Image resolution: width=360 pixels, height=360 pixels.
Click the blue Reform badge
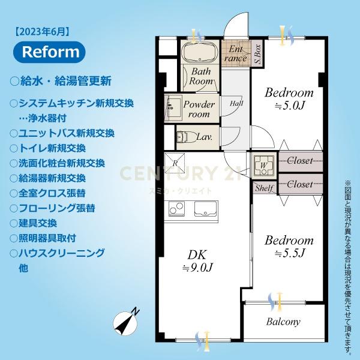tap(49, 52)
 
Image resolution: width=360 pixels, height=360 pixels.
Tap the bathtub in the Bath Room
tap(200, 52)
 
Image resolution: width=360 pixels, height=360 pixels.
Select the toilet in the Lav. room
tap(184, 137)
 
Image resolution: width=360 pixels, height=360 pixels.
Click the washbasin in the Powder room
tap(173, 107)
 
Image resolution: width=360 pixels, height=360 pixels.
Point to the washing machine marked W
tap(264, 165)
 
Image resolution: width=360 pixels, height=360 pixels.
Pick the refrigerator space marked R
tap(175, 163)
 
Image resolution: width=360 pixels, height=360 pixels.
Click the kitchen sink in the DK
tap(205, 209)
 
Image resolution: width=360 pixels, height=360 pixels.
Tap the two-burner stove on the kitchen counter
tap(176, 209)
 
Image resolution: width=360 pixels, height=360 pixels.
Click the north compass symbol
tap(125, 322)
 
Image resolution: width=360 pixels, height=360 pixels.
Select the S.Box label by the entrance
tap(257, 55)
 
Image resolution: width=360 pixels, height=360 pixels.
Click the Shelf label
tap(264, 188)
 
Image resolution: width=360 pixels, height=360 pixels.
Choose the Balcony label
tap(283, 322)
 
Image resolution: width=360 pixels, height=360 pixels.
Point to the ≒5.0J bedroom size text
tap(290, 106)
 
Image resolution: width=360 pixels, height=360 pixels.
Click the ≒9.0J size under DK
tap(198, 268)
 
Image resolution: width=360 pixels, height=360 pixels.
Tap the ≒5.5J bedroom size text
tap(290, 253)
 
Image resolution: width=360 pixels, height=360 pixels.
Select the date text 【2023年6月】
tap(42, 31)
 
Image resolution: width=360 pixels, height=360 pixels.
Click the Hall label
tap(236, 103)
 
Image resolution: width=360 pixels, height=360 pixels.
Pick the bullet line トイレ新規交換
tap(48, 148)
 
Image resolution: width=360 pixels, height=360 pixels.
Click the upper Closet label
tap(300, 160)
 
